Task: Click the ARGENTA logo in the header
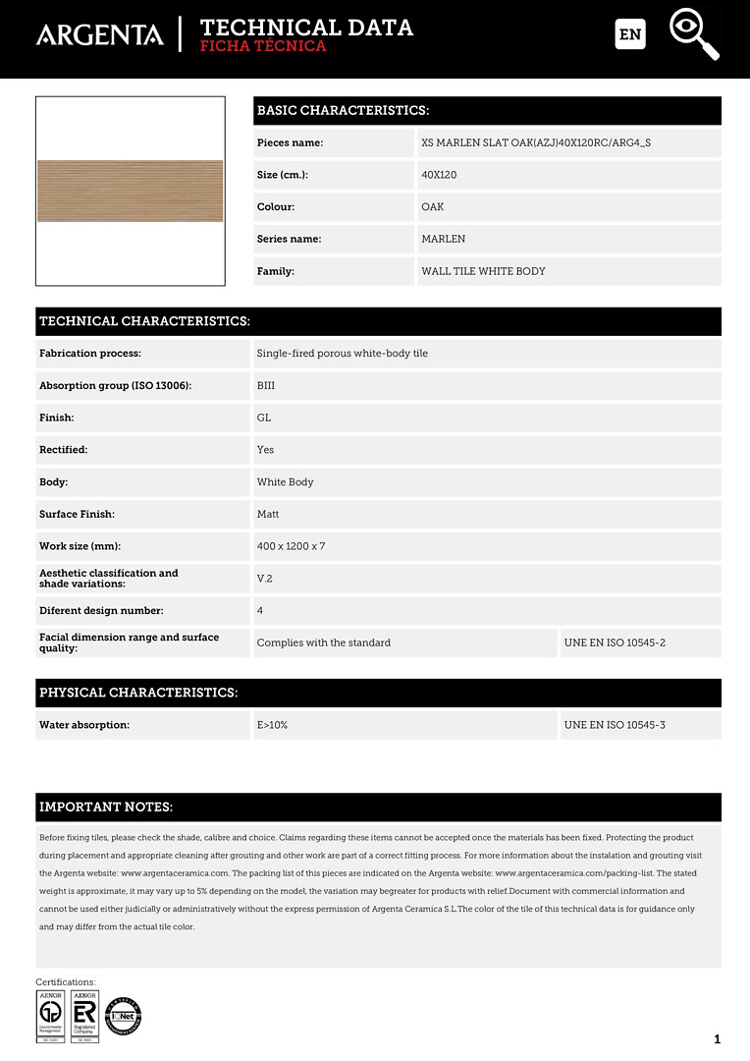pyautogui.click(x=100, y=35)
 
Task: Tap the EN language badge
pyautogui.click(x=630, y=34)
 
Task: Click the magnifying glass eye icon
pyautogui.click(x=693, y=33)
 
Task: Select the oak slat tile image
pyautogui.click(x=131, y=191)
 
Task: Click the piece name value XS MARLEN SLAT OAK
pyautogui.click(x=536, y=142)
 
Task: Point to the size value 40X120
pyautogui.click(x=439, y=175)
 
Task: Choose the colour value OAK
pyautogui.click(x=433, y=207)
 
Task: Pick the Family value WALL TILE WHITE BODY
pyautogui.click(x=483, y=271)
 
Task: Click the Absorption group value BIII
pyautogui.click(x=266, y=386)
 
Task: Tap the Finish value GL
pyautogui.click(x=264, y=418)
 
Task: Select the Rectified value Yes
pyautogui.click(x=265, y=450)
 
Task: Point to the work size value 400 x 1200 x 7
pyautogui.click(x=291, y=546)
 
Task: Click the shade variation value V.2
pyautogui.click(x=264, y=579)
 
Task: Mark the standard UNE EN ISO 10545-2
pyautogui.click(x=615, y=642)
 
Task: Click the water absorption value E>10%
pyautogui.click(x=272, y=725)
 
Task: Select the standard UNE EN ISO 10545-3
pyautogui.click(x=615, y=725)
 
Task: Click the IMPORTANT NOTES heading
pyautogui.click(x=106, y=808)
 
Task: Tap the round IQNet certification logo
pyautogui.click(x=124, y=1016)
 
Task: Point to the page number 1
pyautogui.click(x=718, y=1039)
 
